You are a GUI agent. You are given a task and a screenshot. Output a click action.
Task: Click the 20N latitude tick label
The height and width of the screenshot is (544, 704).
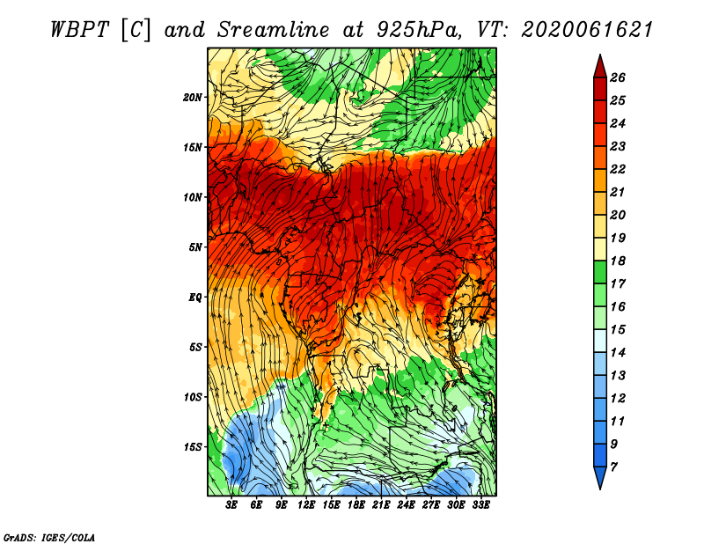click(x=192, y=98)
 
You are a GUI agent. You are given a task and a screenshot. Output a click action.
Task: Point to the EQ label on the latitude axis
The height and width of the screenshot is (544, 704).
click(x=194, y=298)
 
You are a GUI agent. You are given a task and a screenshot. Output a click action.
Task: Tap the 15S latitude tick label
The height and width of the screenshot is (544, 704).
click(x=192, y=447)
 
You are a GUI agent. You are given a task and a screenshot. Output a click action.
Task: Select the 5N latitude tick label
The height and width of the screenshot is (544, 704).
click(x=194, y=247)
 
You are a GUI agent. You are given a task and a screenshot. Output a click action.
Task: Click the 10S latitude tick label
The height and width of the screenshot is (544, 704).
click(x=192, y=397)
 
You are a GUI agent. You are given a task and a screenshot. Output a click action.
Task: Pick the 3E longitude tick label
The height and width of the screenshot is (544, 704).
click(x=231, y=505)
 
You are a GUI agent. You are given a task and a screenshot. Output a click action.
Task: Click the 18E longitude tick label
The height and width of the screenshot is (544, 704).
click(x=356, y=505)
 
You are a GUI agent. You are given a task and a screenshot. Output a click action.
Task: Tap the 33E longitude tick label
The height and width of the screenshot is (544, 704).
click(x=480, y=505)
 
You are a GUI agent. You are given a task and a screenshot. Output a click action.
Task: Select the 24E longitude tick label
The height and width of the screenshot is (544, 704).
click(x=406, y=505)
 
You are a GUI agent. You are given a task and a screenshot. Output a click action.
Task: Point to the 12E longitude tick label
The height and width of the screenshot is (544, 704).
click(x=306, y=505)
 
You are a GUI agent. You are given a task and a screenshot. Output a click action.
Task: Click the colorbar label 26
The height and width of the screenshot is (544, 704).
click(x=618, y=77)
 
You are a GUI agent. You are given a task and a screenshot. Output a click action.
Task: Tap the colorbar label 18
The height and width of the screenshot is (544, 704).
click(x=618, y=261)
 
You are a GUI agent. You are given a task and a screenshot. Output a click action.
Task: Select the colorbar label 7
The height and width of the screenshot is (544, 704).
click(x=613, y=467)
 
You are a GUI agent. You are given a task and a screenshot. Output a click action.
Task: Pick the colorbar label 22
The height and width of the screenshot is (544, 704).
click(x=618, y=169)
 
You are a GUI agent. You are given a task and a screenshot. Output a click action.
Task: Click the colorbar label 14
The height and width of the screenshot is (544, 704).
click(x=618, y=353)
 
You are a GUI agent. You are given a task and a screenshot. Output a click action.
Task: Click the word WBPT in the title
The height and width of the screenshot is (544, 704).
click(x=79, y=30)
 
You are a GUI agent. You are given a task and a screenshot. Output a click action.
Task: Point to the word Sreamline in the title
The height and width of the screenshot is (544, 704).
click(x=274, y=30)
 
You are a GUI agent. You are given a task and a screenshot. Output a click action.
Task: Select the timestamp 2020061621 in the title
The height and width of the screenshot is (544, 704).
click(x=587, y=30)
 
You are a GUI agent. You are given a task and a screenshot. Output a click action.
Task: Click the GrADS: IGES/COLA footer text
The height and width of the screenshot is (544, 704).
click(x=49, y=538)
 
